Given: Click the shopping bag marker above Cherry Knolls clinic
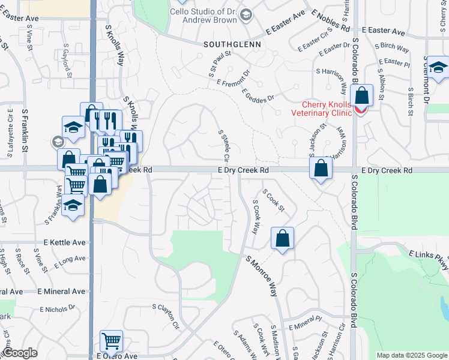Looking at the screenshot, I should click(362, 96).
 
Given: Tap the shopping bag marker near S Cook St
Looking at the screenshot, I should click(282, 238).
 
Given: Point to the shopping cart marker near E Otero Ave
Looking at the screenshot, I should click(112, 341).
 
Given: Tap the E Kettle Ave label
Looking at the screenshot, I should click(65, 242).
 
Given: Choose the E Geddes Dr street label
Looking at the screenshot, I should click(258, 94).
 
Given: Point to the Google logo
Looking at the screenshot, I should click(20, 353).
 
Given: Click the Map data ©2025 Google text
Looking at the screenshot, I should click(412, 355).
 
